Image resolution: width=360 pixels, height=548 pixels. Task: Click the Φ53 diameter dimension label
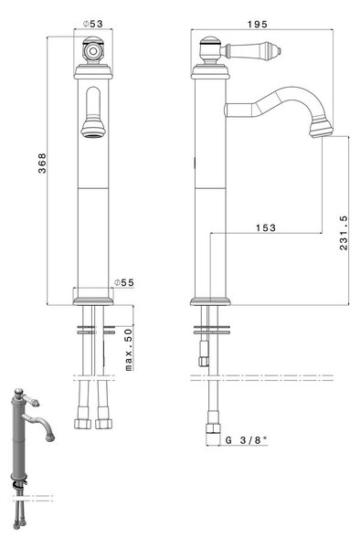[x=93, y=24]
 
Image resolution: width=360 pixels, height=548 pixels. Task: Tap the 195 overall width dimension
[x=258, y=24]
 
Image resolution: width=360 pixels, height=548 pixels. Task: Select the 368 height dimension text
[x=42, y=163]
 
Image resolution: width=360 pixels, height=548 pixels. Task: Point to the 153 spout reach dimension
[x=266, y=227]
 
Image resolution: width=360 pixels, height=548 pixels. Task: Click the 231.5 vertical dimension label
[x=344, y=233]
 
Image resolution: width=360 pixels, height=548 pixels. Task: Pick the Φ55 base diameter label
[x=124, y=282]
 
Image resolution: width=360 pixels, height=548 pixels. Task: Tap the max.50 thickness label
[x=129, y=350]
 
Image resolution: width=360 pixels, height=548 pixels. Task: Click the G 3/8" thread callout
[x=247, y=440]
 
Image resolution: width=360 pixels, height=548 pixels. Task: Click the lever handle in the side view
[x=251, y=51]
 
